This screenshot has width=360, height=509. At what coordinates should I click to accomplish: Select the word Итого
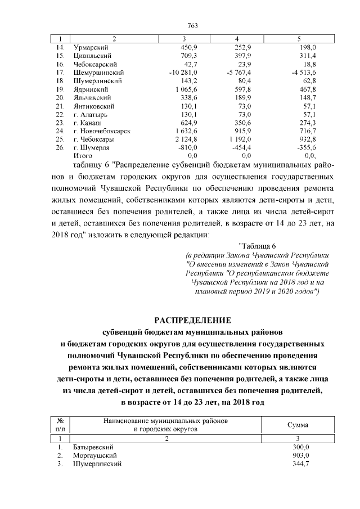coord(82,155)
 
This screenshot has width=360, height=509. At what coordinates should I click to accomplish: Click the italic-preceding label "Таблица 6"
coord(257,245)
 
